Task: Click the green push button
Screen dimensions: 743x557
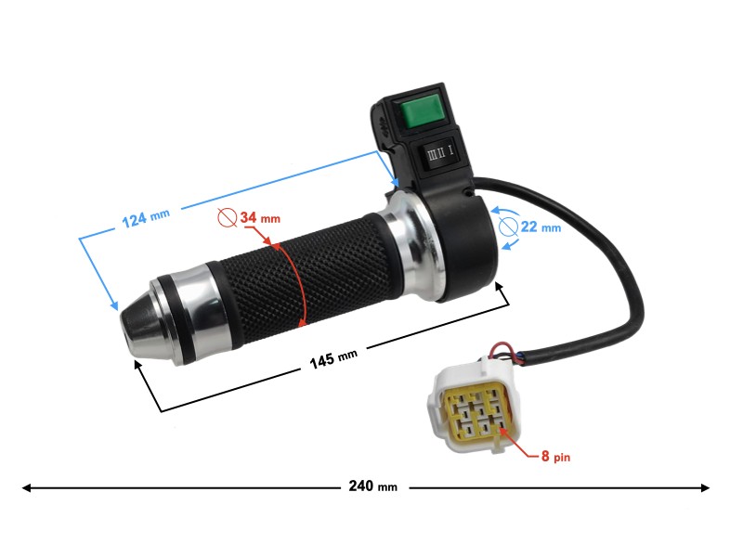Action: [x=421, y=111]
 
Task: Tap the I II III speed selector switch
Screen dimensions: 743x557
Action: [x=440, y=152]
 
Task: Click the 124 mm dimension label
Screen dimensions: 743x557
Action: [x=146, y=218]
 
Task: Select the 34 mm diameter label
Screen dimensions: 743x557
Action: [x=260, y=218]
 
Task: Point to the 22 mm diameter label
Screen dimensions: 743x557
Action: [x=541, y=227]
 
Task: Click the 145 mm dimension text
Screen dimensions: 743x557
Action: [x=333, y=358]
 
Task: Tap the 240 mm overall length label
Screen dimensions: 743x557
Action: [x=373, y=486]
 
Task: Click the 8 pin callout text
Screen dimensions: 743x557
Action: [x=555, y=456]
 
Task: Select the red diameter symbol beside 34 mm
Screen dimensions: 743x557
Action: [x=228, y=217]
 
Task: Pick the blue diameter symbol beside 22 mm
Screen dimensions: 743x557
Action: [x=508, y=227]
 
